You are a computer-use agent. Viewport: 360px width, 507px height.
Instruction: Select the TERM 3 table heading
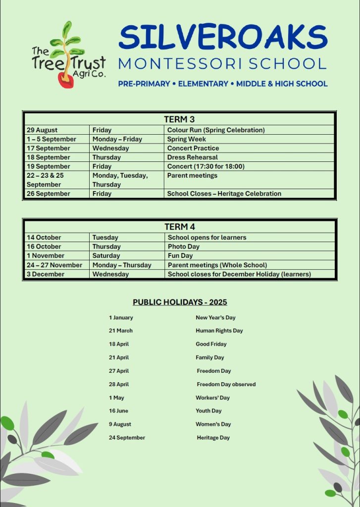[179, 119]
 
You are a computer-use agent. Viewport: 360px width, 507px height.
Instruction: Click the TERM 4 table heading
[179, 227]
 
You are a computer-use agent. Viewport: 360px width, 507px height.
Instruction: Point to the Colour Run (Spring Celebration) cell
[216, 130]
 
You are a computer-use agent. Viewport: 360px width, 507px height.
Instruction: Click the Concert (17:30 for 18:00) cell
[206, 166]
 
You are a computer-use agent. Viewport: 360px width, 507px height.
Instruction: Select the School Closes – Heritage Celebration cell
[224, 194]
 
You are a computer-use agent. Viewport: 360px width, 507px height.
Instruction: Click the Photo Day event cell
[184, 247]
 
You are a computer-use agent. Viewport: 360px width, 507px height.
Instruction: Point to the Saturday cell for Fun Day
[106, 256]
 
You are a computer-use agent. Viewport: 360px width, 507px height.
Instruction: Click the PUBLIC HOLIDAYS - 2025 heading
[180, 302]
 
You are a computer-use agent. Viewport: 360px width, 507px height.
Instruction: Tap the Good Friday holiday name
[211, 344]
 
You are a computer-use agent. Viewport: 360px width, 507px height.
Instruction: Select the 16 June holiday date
[119, 411]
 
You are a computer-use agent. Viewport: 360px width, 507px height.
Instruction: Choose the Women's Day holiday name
[213, 424]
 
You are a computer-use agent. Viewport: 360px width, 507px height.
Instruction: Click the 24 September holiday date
[127, 438]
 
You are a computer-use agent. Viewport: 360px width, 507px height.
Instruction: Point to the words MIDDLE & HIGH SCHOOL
[282, 84]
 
